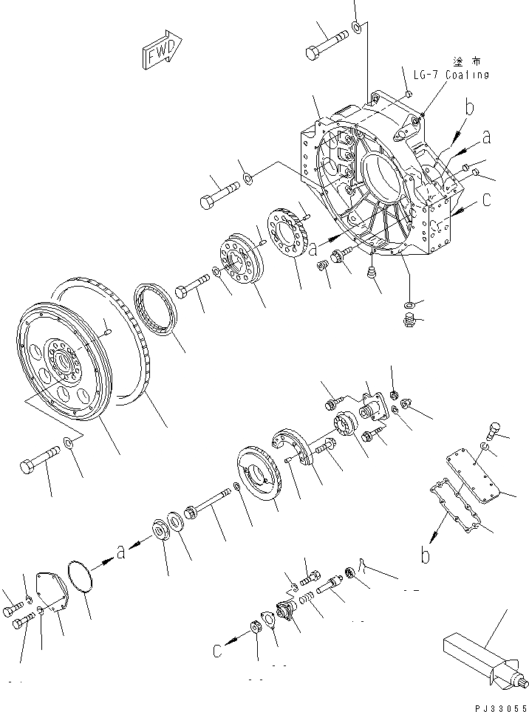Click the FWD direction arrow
pyautogui.click(x=158, y=52)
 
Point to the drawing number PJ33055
pyautogui.click(x=497, y=705)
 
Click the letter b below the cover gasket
pyautogui.click(x=426, y=554)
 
